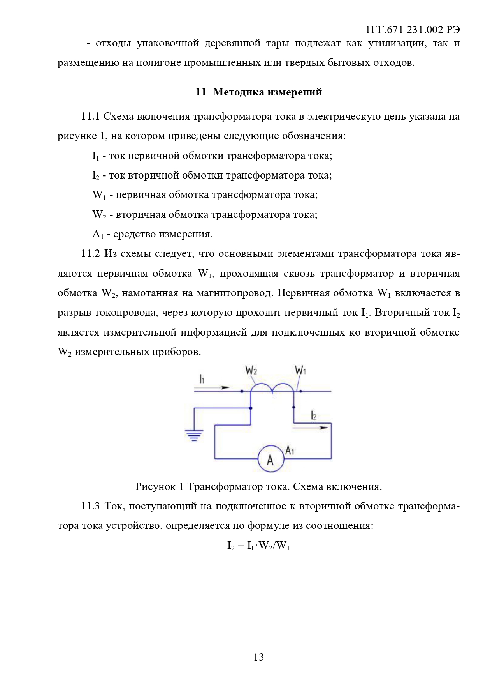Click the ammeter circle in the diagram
(x=271, y=459)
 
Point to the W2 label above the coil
(x=251, y=370)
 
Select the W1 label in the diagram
(x=300, y=370)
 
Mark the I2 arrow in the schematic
(x=310, y=427)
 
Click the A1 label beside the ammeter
(x=290, y=451)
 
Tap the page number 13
(x=258, y=657)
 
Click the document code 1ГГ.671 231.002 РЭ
(x=413, y=30)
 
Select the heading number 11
(x=201, y=92)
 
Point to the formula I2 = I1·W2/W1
(x=258, y=546)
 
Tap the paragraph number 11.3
(x=90, y=506)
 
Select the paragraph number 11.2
(x=90, y=254)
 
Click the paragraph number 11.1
(x=90, y=116)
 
